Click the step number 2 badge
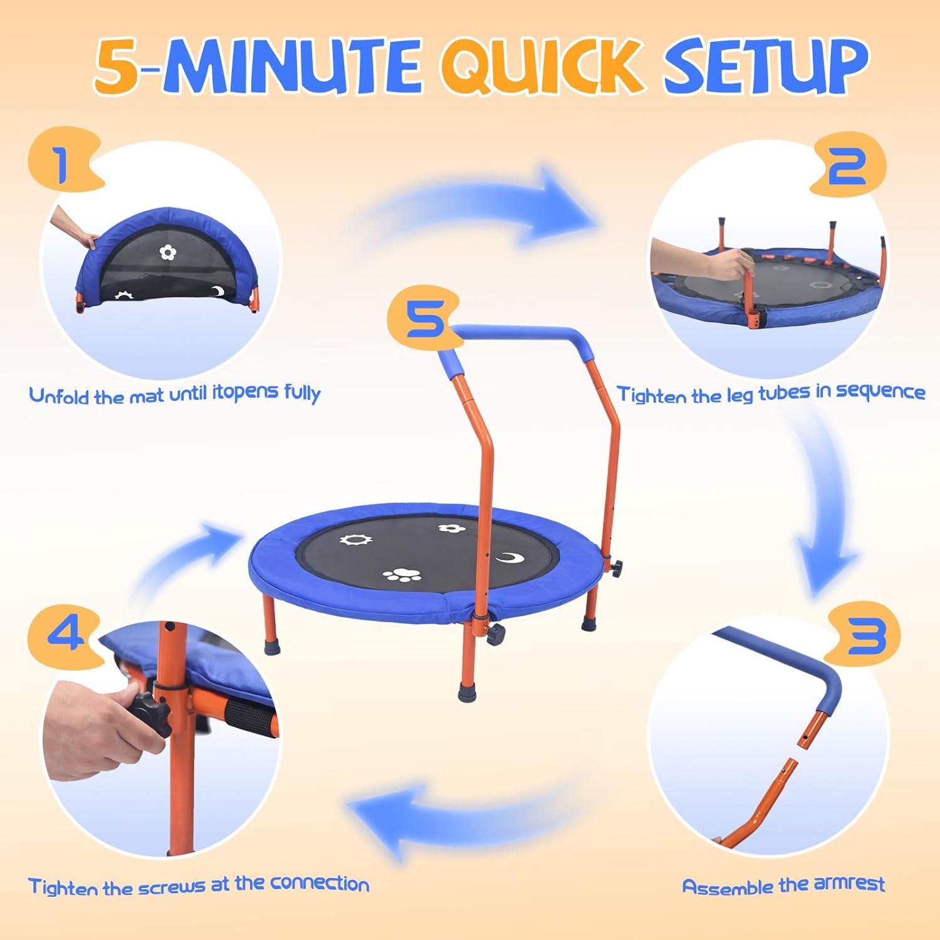point(847,164)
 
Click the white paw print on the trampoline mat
point(402,575)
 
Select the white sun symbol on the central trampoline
point(356,539)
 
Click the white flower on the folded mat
point(167,253)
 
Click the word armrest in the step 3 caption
point(849,884)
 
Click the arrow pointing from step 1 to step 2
point(476,207)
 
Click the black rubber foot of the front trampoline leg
point(466,692)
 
